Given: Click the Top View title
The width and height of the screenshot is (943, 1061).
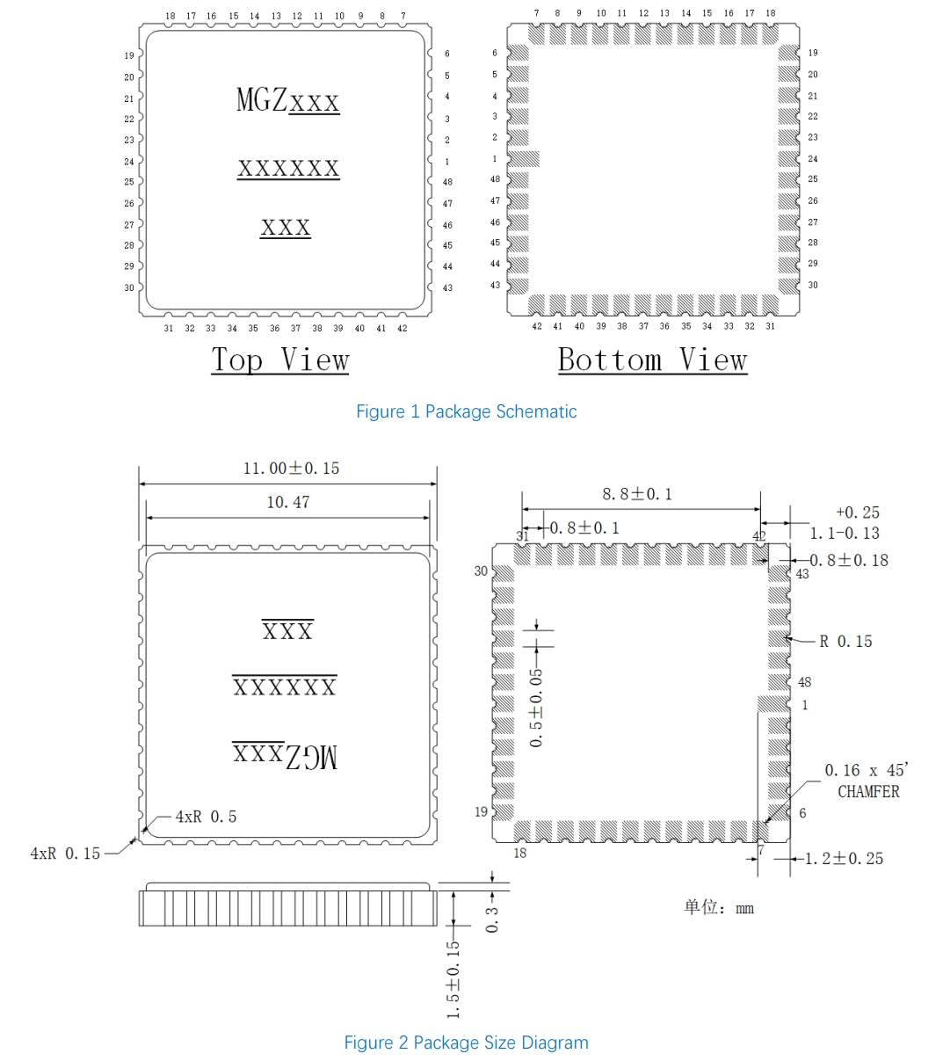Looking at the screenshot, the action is coord(280,360).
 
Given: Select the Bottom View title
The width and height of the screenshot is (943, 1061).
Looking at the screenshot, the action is coord(652,360).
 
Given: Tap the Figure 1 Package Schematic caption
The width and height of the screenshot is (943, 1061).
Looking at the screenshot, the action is coord(466,411).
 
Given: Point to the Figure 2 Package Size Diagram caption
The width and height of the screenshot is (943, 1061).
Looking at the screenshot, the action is coord(466,1043).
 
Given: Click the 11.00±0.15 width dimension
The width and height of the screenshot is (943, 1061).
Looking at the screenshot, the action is coord(291,469).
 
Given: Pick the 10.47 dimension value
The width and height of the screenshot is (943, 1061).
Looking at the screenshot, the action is coord(288,502).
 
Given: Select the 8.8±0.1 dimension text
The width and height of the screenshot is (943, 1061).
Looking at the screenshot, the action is coord(636,494).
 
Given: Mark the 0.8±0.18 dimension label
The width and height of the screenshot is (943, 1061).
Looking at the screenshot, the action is coord(849,560).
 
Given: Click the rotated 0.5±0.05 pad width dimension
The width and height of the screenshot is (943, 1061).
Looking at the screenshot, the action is coord(536,708).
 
